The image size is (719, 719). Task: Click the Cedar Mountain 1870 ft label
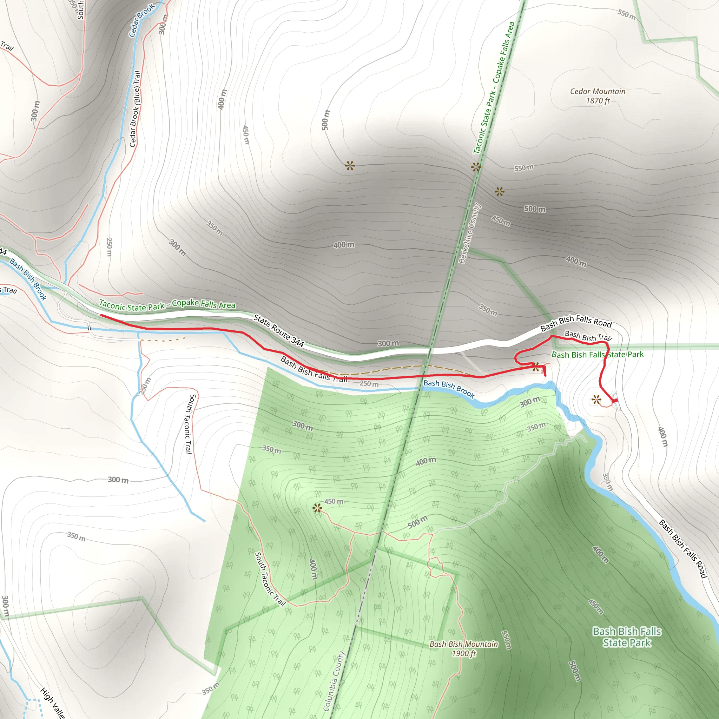tap(598, 96)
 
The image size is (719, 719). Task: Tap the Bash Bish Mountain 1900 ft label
tap(463, 649)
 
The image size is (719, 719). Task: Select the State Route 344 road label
tap(279, 330)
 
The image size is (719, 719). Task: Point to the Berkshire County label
tap(470, 233)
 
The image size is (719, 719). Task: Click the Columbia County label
tap(334, 681)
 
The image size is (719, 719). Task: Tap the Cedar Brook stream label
tap(141, 20)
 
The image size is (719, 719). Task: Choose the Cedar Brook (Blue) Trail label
tap(135, 109)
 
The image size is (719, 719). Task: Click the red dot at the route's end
tap(615, 401)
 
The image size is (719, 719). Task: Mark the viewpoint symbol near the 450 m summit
tap(317, 508)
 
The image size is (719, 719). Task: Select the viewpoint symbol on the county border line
tap(476, 167)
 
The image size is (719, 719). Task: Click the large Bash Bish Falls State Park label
tap(627, 637)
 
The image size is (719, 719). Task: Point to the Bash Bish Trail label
tap(588, 336)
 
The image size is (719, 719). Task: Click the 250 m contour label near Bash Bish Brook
tap(369, 384)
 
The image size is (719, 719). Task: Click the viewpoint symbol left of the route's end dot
tap(596, 400)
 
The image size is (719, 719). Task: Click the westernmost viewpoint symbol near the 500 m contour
tap(350, 166)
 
